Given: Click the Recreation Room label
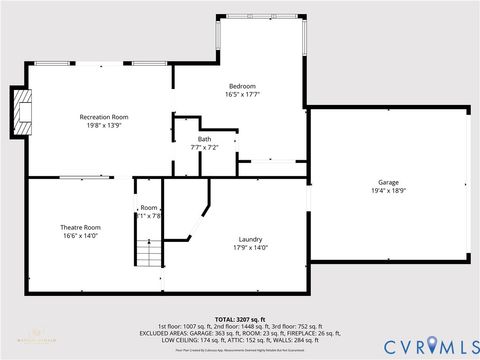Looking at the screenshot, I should click(104, 117).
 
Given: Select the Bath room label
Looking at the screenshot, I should click(204, 139).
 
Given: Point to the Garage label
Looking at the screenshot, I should click(388, 182).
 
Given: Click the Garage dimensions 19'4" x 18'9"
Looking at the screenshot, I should click(388, 190).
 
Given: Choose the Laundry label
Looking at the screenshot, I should click(250, 238).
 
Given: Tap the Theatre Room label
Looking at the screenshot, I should click(81, 227).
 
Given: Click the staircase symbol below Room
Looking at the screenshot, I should click(148, 254).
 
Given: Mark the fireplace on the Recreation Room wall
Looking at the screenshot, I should click(22, 110).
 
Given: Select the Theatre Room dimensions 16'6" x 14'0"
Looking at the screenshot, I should click(81, 236).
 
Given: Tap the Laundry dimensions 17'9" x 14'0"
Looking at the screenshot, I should click(250, 246).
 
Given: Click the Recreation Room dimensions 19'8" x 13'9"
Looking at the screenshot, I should click(104, 126).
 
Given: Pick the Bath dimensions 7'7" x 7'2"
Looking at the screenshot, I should click(204, 147).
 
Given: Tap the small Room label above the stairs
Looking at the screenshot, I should click(149, 207).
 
